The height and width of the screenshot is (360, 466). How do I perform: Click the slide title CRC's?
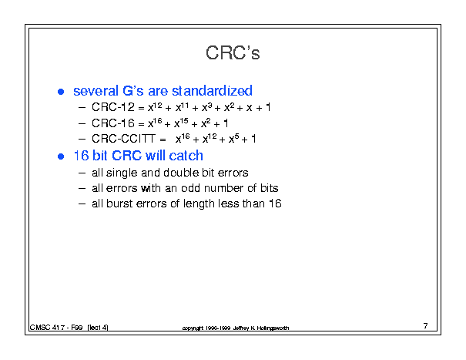pos(233,53)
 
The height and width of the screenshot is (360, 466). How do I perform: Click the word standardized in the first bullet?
pos(212,91)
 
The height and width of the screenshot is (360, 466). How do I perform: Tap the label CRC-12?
pos(113,107)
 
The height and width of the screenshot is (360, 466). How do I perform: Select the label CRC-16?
pos(113,123)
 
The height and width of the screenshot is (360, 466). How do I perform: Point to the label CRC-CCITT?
pos(124,139)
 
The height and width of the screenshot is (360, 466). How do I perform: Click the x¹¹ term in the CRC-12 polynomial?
pos(182,107)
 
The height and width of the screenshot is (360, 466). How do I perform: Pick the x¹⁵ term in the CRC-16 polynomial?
pos(181,123)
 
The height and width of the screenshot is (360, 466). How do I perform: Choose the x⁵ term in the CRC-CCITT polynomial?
pos(233,138)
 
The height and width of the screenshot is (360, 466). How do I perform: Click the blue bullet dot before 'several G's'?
pos(61,92)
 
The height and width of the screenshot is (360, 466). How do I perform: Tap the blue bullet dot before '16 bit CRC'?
pos(61,156)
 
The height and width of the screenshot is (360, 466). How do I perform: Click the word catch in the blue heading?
pos(186,156)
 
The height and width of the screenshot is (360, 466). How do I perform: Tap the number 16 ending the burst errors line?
pos(275,204)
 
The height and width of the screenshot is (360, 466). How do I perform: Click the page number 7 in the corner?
pos(426,326)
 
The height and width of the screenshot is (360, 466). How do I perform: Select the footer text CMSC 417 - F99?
pos(56,328)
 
